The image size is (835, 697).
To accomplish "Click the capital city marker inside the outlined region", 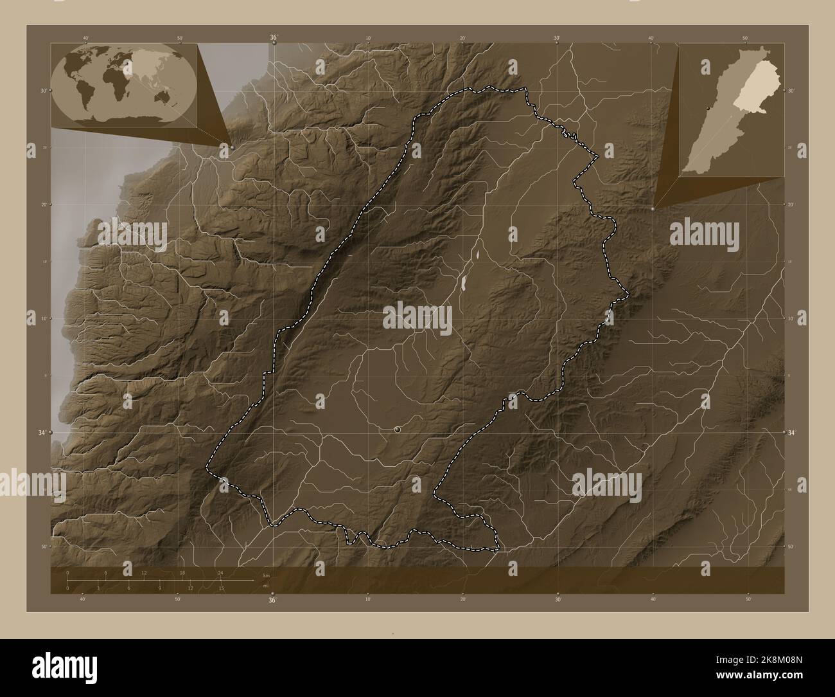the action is click(x=398, y=428).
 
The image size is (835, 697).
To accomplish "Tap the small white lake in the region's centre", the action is click(x=463, y=282).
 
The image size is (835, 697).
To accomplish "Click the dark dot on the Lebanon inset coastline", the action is click(x=708, y=109).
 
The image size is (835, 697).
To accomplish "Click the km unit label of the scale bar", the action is click(x=266, y=575).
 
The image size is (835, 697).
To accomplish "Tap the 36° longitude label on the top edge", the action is click(x=273, y=38).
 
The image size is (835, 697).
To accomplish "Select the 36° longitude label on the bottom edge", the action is click(x=273, y=601).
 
